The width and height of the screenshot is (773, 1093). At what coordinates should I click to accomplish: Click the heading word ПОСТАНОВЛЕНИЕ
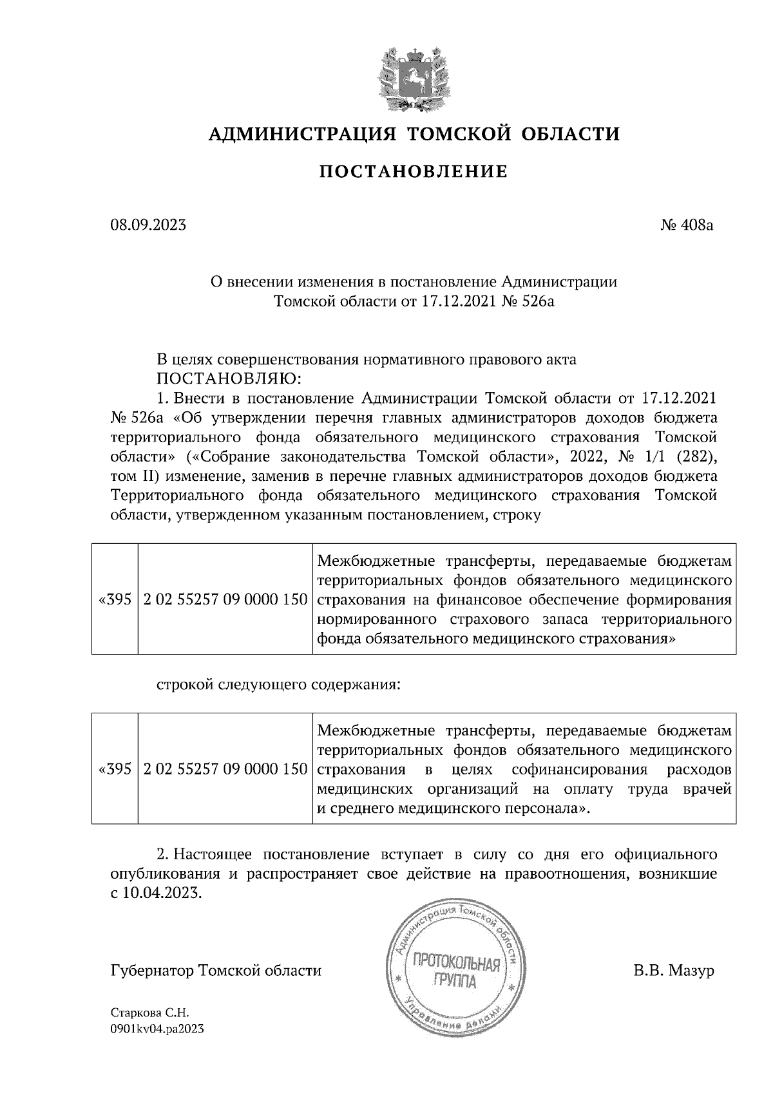tap(414, 171)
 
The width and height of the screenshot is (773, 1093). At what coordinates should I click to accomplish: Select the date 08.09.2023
tap(148, 225)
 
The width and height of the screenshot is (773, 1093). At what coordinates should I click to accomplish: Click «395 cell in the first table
tap(115, 599)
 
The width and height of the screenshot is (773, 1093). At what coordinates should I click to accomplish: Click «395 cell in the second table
tap(115, 769)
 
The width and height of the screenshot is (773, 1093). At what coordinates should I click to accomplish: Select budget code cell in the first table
tap(225, 599)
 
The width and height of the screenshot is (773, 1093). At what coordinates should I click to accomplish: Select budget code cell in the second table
tap(225, 769)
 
